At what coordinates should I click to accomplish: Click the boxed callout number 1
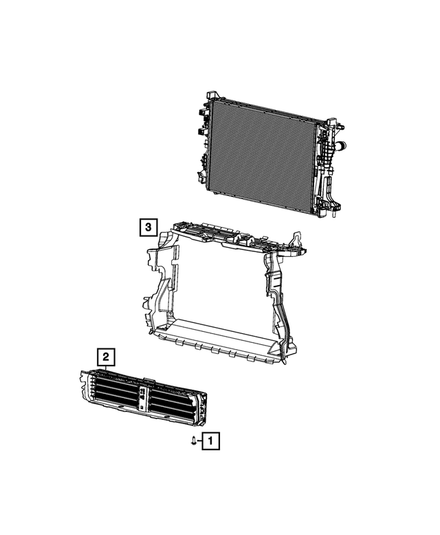coord(211,439)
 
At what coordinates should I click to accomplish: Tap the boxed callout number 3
coord(148,227)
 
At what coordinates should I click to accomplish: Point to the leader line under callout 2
coord(105,368)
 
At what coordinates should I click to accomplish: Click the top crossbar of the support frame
coord(234,237)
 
